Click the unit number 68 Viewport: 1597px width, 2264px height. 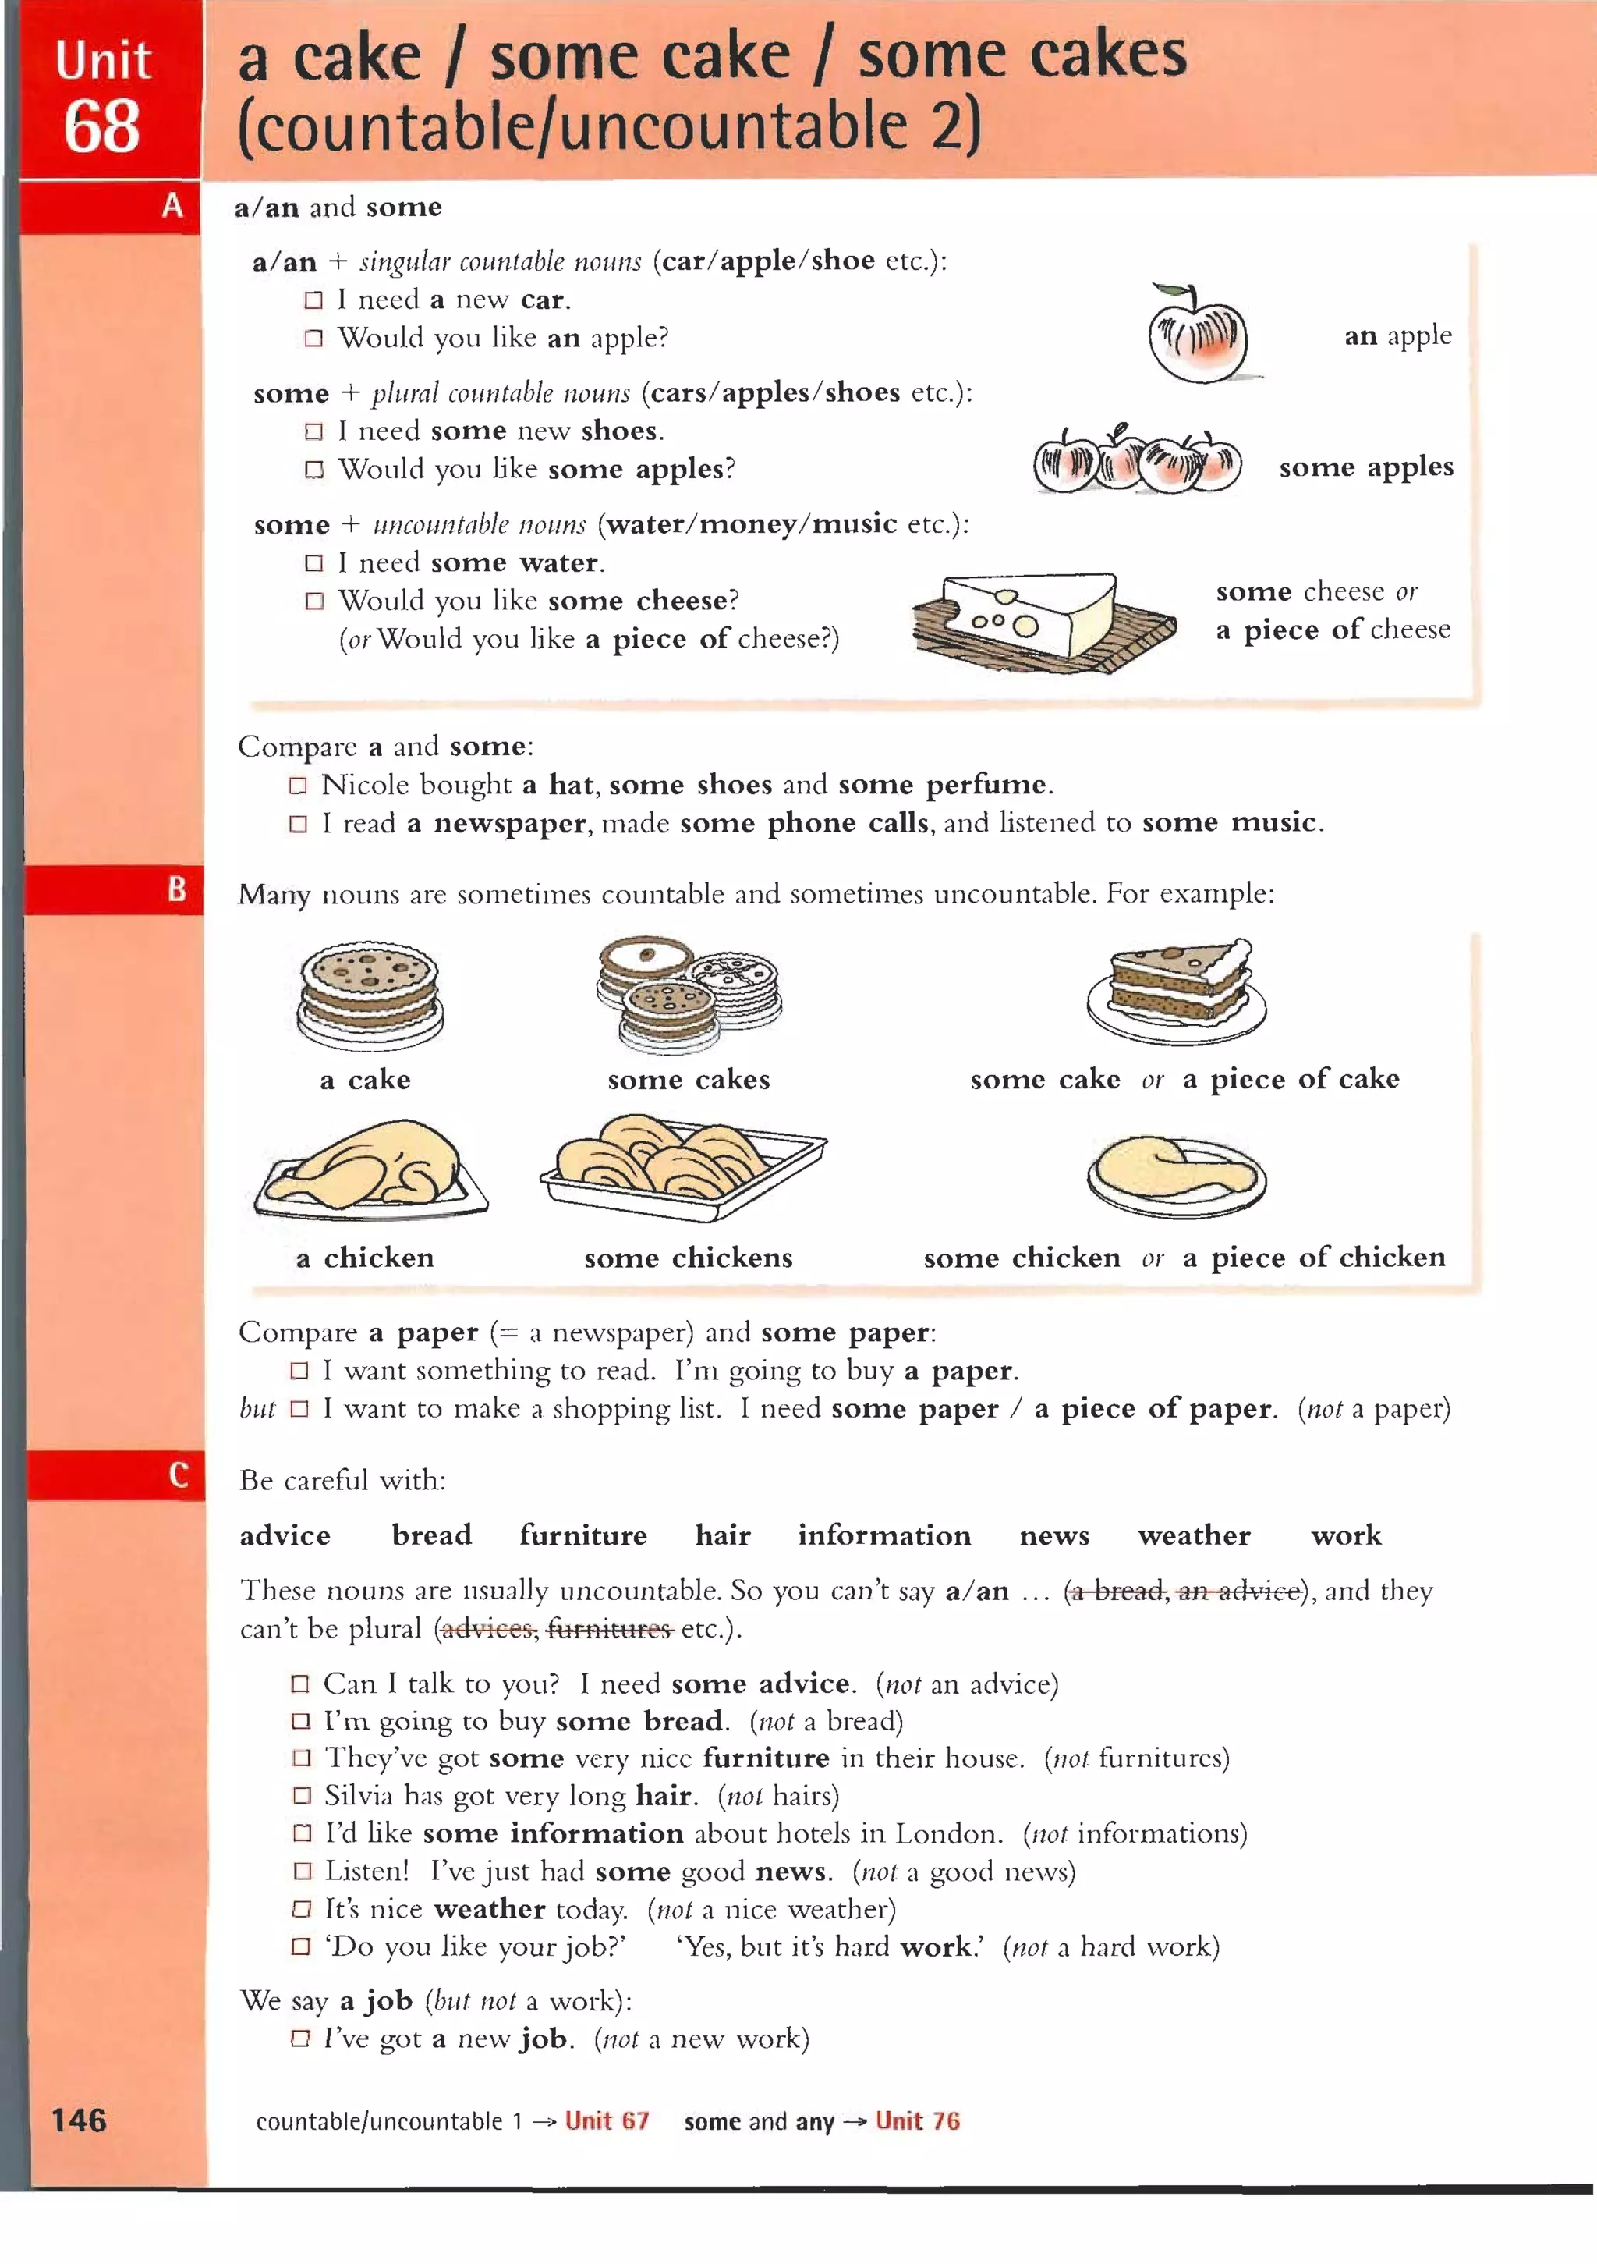[x=101, y=127]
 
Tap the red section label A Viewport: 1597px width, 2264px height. [x=172, y=206]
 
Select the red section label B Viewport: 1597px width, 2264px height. [x=176, y=889]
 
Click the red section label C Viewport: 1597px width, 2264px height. [x=179, y=1475]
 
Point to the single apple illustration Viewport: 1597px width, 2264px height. [x=1198, y=335]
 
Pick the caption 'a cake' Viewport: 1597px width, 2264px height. [x=365, y=1080]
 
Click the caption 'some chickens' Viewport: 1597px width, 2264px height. [x=688, y=1258]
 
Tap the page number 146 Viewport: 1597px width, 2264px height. [x=79, y=2120]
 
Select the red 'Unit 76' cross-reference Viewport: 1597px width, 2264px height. [x=917, y=2121]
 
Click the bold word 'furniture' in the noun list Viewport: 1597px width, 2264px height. [x=582, y=1535]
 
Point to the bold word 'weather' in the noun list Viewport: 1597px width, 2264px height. [x=1194, y=1535]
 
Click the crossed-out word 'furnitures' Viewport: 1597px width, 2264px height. [x=609, y=1628]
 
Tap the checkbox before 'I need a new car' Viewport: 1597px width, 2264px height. [x=313, y=300]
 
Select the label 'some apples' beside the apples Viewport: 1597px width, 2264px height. [x=1365, y=467]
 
